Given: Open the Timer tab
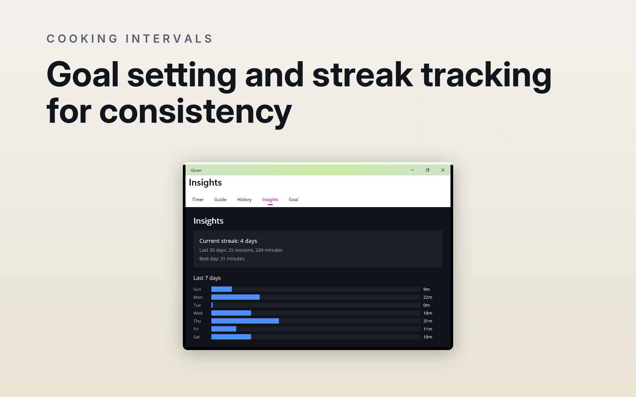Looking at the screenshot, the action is [198, 199].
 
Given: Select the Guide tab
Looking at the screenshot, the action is [220, 199].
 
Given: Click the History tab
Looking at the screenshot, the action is [244, 199].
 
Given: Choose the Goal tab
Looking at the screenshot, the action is [293, 199].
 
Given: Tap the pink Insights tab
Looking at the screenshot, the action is [270, 199].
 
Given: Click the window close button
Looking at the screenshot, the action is [443, 170].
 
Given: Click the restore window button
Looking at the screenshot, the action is [428, 170].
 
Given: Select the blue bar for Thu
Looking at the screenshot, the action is [245, 321].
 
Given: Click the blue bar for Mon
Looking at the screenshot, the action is [236, 297].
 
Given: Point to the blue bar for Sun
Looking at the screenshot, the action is [222, 289].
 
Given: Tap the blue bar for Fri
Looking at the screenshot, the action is [224, 329].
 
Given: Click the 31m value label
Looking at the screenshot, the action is [428, 321].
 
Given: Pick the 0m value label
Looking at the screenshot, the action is [427, 305].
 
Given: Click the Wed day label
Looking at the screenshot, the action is [198, 313].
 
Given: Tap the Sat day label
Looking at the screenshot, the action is [197, 337].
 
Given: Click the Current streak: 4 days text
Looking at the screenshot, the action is [228, 241].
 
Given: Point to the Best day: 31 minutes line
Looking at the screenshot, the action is [222, 259].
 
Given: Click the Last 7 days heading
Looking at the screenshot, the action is [207, 278].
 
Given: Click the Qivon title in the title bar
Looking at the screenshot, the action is [196, 170].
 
